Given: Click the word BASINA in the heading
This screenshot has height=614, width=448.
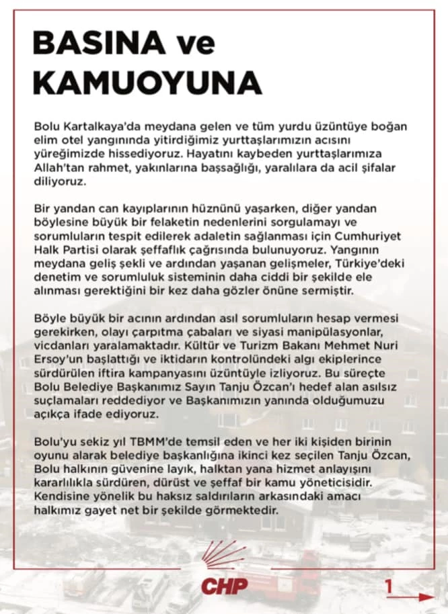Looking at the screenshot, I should pos(94,44).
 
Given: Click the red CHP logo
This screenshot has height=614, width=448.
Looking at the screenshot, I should pos(224,578).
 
